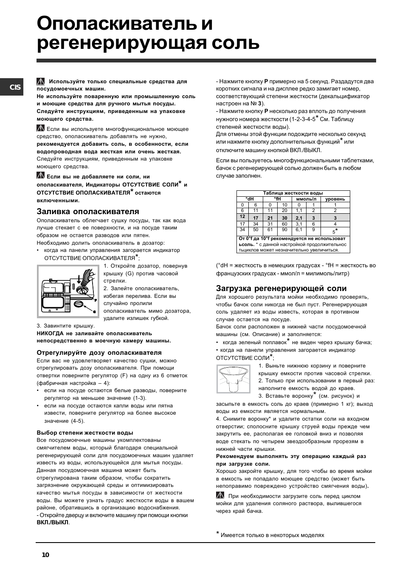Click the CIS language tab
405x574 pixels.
tap(11, 87)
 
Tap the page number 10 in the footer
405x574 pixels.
tap(46, 554)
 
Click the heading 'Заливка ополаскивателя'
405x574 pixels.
tap(88, 211)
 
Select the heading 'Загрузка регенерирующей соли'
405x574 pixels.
tap(281, 288)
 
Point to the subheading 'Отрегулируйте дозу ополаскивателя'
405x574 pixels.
tap(99, 353)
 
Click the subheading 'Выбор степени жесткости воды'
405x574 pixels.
tap(85, 433)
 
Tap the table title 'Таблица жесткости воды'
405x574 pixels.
tap(292, 193)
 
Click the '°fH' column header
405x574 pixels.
tap(277, 199)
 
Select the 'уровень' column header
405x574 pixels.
tap(335, 199)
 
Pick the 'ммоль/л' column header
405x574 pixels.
tap(306, 199)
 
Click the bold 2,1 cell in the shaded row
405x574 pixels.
tap(299, 218)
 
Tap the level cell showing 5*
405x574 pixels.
tap(335, 231)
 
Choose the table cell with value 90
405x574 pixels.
tap(284, 230)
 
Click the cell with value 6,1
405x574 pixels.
tap(299, 230)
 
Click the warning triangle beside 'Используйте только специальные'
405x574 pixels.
tap(41, 82)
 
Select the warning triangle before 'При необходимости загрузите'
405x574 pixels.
tap(220, 495)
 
